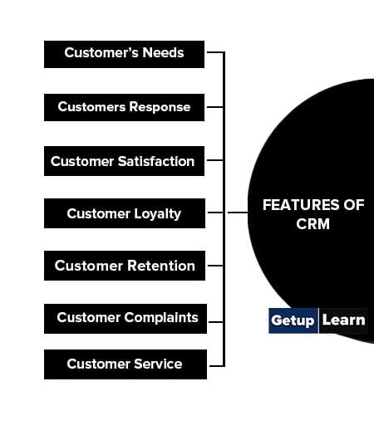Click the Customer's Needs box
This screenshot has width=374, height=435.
point(124,55)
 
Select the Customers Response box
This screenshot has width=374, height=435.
point(124,107)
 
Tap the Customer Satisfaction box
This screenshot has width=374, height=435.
point(124,161)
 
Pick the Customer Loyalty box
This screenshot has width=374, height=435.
point(125,213)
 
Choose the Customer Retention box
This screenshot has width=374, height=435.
point(125,266)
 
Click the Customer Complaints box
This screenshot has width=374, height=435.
point(125,319)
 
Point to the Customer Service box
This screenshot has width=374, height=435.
point(125,364)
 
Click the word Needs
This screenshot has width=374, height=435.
point(163,52)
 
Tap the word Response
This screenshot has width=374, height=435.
point(160,108)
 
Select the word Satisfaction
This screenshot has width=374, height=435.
point(156,161)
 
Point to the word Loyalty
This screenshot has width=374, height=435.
point(157,214)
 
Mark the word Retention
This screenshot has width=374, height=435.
point(161,266)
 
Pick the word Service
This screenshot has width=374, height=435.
point(158,364)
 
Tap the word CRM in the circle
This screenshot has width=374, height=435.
point(313,224)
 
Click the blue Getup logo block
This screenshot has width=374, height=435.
point(293,320)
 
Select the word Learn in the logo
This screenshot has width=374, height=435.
point(344,320)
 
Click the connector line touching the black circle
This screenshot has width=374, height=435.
point(238,213)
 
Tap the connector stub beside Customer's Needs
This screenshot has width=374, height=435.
point(215,51)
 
